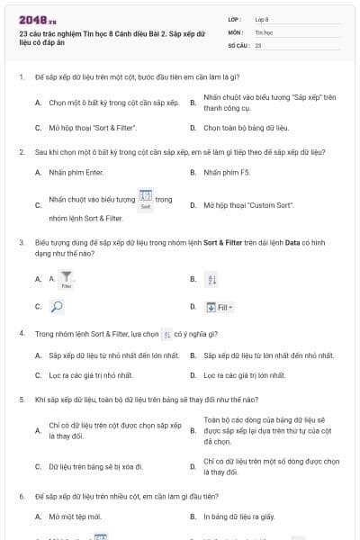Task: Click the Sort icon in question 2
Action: point(145,199)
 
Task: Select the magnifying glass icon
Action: point(55,306)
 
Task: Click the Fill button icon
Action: point(219,307)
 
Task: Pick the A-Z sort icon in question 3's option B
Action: point(212,280)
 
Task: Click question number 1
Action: point(21,77)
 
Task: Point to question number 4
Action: point(21,333)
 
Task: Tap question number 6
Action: point(21,496)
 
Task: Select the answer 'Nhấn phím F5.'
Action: point(228,171)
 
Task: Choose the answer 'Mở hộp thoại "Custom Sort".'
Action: point(248,205)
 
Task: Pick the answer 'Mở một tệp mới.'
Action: point(75,517)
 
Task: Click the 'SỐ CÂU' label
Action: point(238,43)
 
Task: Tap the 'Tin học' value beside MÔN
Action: point(263,31)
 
